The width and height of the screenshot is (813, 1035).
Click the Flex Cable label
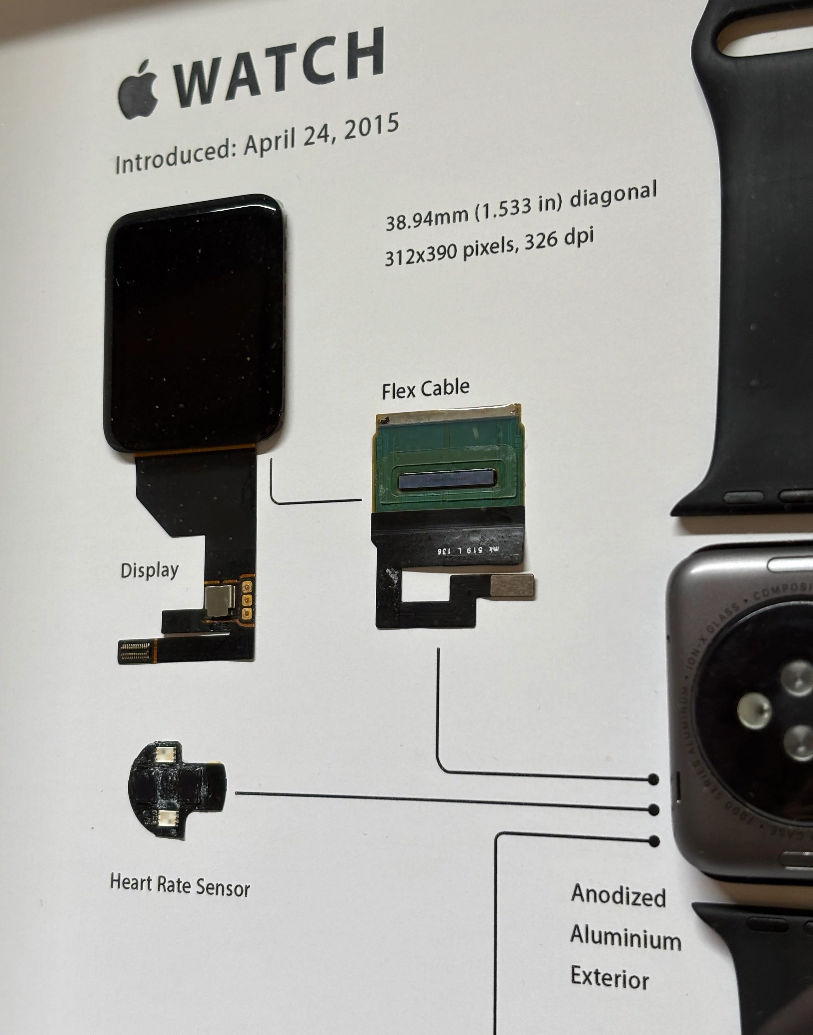[426, 388]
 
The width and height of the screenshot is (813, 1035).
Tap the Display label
[149, 570]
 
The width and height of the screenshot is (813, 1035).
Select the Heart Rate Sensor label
[180, 885]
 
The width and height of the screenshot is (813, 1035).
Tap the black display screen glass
[194, 324]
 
